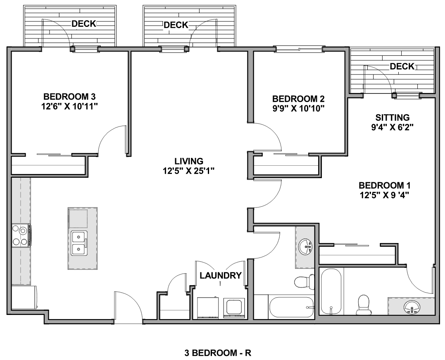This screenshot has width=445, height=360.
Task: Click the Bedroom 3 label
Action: point(69,97)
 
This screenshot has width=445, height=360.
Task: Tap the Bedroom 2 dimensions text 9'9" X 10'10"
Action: point(298,108)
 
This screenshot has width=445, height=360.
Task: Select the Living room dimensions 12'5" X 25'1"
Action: point(189,171)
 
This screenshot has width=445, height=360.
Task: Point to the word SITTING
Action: point(393,117)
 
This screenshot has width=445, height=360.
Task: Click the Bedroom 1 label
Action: point(385,186)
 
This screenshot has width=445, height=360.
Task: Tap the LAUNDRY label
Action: point(221,275)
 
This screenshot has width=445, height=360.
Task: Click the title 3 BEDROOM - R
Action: point(218,353)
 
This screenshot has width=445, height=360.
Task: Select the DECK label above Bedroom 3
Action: point(84,24)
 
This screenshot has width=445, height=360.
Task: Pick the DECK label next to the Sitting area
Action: point(402,67)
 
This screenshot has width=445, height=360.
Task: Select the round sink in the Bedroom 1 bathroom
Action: point(412,308)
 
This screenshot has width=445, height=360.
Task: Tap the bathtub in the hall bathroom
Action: point(291,307)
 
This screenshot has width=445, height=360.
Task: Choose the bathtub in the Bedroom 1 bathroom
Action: point(331,291)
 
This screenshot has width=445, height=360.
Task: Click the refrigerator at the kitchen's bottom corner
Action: point(24,297)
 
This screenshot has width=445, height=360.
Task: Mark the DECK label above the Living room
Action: point(176,25)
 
